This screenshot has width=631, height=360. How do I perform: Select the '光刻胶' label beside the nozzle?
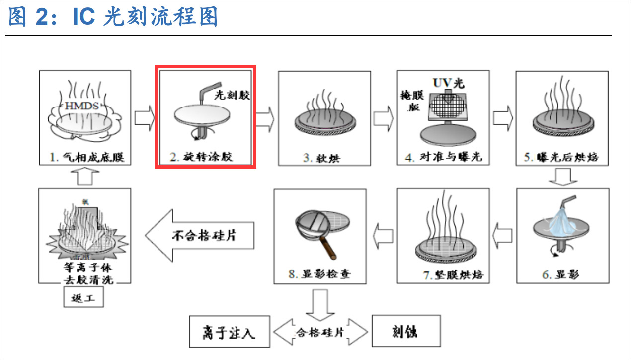(232, 95)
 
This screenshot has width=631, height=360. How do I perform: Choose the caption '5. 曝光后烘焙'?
(562, 158)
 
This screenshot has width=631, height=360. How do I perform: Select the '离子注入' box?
(229, 332)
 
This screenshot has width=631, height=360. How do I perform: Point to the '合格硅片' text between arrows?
(320, 332)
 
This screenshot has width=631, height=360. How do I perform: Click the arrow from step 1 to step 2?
(145, 119)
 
